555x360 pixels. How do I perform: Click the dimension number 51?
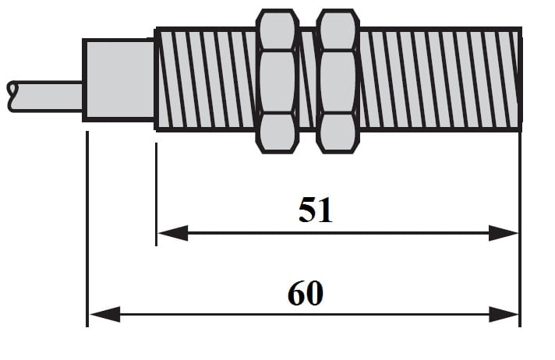tap(316, 210)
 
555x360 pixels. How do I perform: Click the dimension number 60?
tap(306, 294)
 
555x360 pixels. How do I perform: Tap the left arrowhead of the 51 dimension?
tap(172, 233)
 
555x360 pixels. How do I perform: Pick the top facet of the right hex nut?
tap(338, 30)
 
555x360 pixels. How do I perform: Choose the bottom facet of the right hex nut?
tap(338, 131)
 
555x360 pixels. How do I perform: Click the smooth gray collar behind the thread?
tap(118, 79)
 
